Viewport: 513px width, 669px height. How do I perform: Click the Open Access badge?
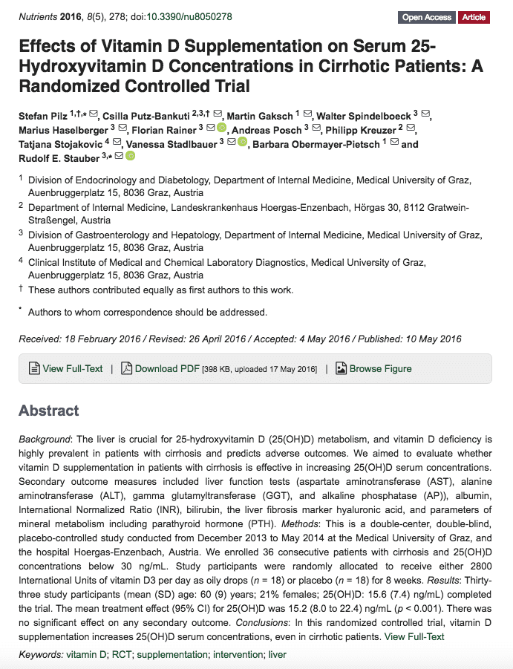pyautogui.click(x=427, y=17)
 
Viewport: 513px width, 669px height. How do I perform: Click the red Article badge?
pyautogui.click(x=474, y=17)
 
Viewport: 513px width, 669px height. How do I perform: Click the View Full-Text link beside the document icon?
pyautogui.click(x=73, y=368)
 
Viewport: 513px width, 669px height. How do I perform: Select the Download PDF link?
pyautogui.click(x=167, y=368)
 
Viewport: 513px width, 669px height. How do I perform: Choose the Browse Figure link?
pyautogui.click(x=380, y=368)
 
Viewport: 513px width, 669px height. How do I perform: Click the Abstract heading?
pyautogui.click(x=49, y=411)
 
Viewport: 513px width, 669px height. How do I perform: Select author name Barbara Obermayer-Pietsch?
pyautogui.click(x=316, y=143)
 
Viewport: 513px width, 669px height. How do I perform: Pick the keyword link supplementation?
pyautogui.click(x=173, y=654)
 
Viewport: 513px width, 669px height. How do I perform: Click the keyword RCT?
pyautogui.click(x=120, y=654)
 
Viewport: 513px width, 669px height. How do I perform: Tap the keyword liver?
pyautogui.click(x=277, y=654)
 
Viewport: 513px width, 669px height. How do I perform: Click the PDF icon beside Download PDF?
pyautogui.click(x=126, y=368)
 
